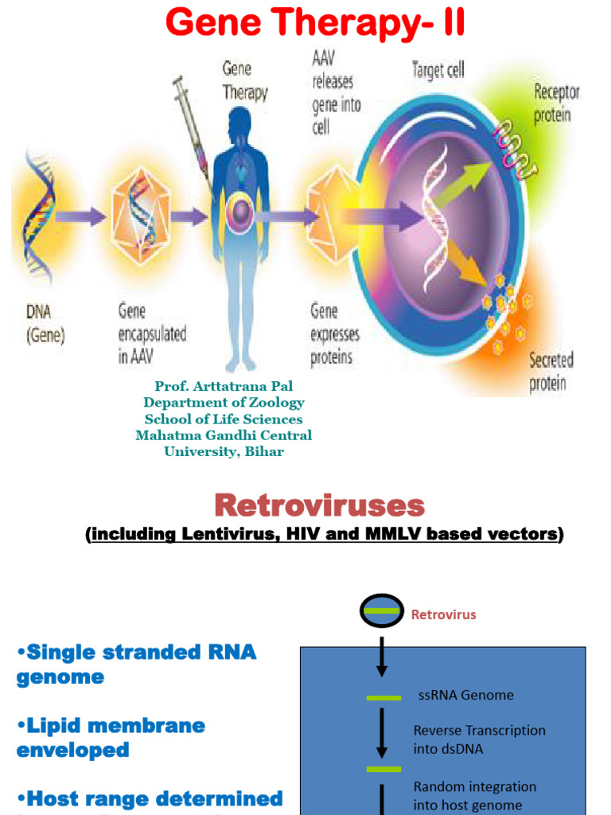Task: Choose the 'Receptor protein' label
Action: tap(556, 103)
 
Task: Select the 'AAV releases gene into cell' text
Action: tap(333, 92)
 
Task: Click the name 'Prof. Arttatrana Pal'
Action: tap(224, 386)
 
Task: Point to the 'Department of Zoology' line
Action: tap(224, 403)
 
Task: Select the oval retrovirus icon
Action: tap(381, 612)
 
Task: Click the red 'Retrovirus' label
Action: tap(443, 614)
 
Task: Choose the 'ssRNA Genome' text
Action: tap(465, 695)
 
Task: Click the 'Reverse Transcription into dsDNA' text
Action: tap(479, 739)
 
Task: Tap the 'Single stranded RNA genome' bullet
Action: tap(136, 664)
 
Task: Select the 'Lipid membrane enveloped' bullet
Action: tap(111, 737)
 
